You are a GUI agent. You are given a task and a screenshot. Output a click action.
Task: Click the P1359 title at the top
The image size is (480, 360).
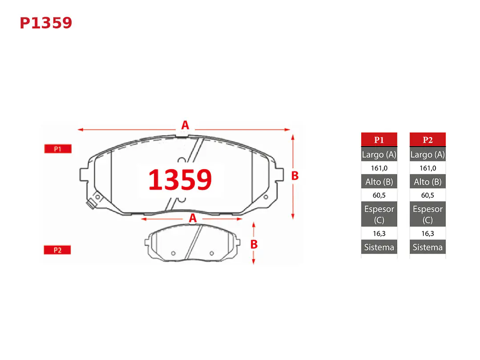46,23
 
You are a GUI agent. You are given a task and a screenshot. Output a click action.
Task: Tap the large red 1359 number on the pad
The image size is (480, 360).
180,179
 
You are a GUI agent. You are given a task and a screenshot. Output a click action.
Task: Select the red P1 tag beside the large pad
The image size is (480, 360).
57,149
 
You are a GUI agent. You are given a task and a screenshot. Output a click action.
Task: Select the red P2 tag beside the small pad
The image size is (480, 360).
57,250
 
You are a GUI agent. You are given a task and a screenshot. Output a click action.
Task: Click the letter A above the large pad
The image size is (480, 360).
185,125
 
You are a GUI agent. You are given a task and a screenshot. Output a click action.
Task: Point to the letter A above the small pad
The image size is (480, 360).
193,218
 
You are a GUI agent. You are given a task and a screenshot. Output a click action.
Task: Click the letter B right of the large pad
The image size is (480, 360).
294,176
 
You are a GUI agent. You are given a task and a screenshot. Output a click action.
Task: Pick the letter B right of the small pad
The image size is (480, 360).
254,244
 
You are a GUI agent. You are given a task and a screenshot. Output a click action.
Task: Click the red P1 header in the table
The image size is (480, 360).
379,140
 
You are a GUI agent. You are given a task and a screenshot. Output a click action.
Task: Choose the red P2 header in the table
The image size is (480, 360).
428,140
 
